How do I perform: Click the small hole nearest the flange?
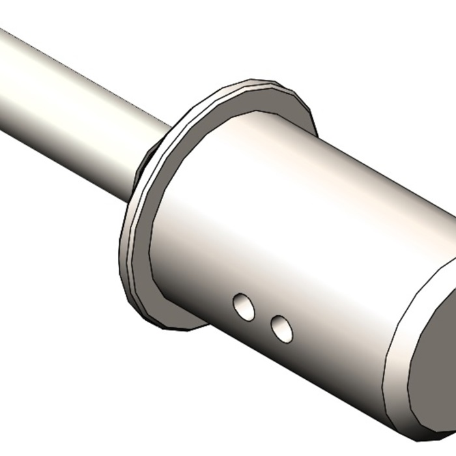(x=244, y=307)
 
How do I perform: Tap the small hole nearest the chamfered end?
(x=282, y=329)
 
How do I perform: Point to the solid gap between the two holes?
(x=263, y=319)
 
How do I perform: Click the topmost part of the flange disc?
(x=261, y=83)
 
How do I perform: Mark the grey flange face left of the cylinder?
(x=140, y=261)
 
